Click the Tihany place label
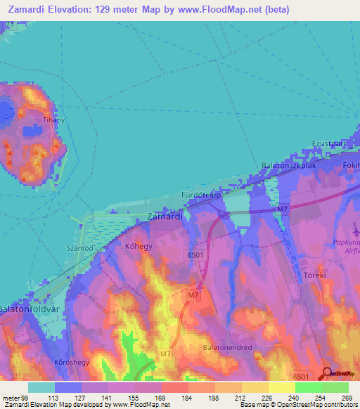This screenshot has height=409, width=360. pyautogui.click(x=54, y=120)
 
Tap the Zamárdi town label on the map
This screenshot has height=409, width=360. pyautogui.click(x=166, y=217)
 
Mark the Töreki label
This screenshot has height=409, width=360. pyautogui.click(x=314, y=275)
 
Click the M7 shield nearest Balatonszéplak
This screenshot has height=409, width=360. pyautogui.click(x=283, y=209)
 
